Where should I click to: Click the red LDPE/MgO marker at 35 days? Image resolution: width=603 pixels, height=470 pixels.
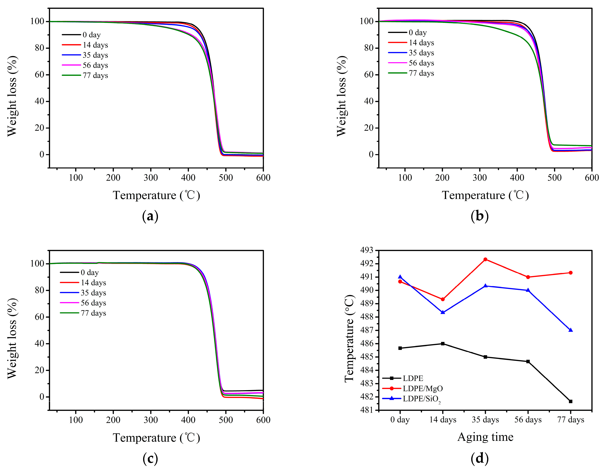click(485, 260)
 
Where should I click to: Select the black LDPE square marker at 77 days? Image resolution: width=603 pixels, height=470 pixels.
click(571, 401)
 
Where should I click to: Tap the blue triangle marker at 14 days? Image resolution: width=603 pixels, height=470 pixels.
click(443, 312)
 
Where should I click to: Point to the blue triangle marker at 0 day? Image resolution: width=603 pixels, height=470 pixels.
click(400, 277)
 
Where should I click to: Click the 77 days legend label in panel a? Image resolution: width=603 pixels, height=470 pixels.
click(95, 75)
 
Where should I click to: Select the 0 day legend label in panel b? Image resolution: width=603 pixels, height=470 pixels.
click(418, 33)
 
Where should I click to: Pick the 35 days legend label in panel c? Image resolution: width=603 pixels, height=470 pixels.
click(93, 293)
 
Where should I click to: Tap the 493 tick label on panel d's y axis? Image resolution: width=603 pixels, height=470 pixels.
click(367, 250)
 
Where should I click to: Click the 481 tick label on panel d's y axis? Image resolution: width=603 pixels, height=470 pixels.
click(367, 410)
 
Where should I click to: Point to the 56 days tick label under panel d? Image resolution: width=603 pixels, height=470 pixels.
click(528, 420)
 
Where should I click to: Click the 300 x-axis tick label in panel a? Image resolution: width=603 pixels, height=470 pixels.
click(151, 178)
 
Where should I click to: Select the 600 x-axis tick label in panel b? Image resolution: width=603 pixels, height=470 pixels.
click(591, 178)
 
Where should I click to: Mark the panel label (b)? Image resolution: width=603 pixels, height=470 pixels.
click(480, 216)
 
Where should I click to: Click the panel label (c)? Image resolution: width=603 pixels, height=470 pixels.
click(150, 459)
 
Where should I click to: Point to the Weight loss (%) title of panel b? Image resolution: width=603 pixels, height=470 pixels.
click(342, 96)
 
